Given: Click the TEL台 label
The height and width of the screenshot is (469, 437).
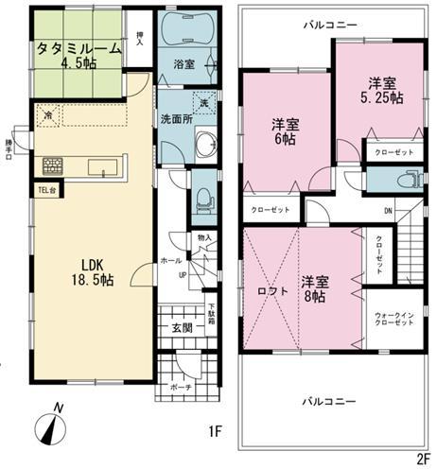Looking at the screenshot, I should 47,189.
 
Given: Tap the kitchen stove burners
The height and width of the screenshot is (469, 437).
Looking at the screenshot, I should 52,166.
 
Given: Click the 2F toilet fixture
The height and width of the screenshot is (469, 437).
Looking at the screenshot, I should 409,180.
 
